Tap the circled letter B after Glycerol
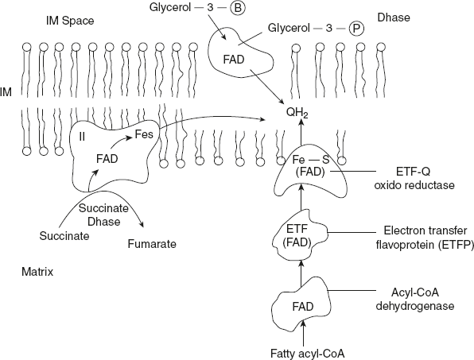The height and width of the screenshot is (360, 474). [x=218, y=11]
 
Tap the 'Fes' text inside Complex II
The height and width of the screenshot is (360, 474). [x=144, y=136]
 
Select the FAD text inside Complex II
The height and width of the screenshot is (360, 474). [x=107, y=159]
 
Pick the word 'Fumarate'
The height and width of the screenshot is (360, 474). [x=150, y=245]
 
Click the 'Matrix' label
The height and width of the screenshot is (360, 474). [x=37, y=272]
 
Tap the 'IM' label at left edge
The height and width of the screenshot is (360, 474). [x=6, y=93]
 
